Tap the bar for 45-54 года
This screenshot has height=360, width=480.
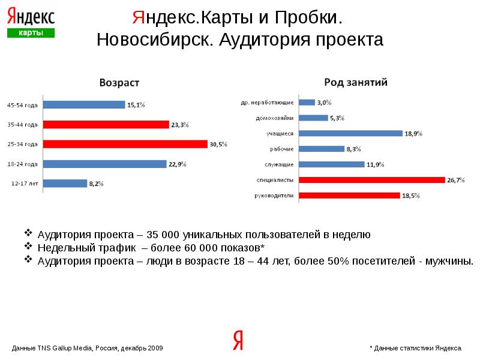84,104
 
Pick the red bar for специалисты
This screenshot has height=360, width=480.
371,179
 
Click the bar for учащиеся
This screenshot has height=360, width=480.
350,133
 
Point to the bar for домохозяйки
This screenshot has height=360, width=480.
313,118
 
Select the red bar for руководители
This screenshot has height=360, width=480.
349,195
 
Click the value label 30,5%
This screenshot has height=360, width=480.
218,144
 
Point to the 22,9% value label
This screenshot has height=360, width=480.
178,164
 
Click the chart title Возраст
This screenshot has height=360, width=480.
119,83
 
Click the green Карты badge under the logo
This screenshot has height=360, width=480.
31,33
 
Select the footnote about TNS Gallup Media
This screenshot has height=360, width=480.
88,348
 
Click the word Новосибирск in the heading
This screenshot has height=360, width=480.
154,40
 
